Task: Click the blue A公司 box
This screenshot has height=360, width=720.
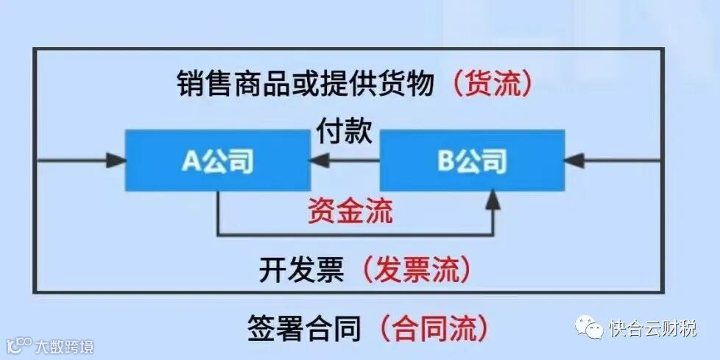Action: [x=217, y=160]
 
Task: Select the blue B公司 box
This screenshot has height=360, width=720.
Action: [x=472, y=160]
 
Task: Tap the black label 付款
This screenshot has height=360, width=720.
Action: [x=344, y=133]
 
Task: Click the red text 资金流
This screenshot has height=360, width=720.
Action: [x=351, y=211]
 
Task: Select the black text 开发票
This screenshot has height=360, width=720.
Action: [x=301, y=271]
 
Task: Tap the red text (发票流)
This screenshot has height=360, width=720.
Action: [x=416, y=271]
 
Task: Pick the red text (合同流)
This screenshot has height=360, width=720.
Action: [x=434, y=328]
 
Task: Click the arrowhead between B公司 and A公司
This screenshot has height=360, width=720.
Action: [x=319, y=160]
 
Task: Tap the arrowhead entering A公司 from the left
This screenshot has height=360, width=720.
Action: [x=116, y=160]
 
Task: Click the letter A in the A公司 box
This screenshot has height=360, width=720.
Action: [x=191, y=160]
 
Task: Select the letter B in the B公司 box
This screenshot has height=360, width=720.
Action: [x=446, y=160]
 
